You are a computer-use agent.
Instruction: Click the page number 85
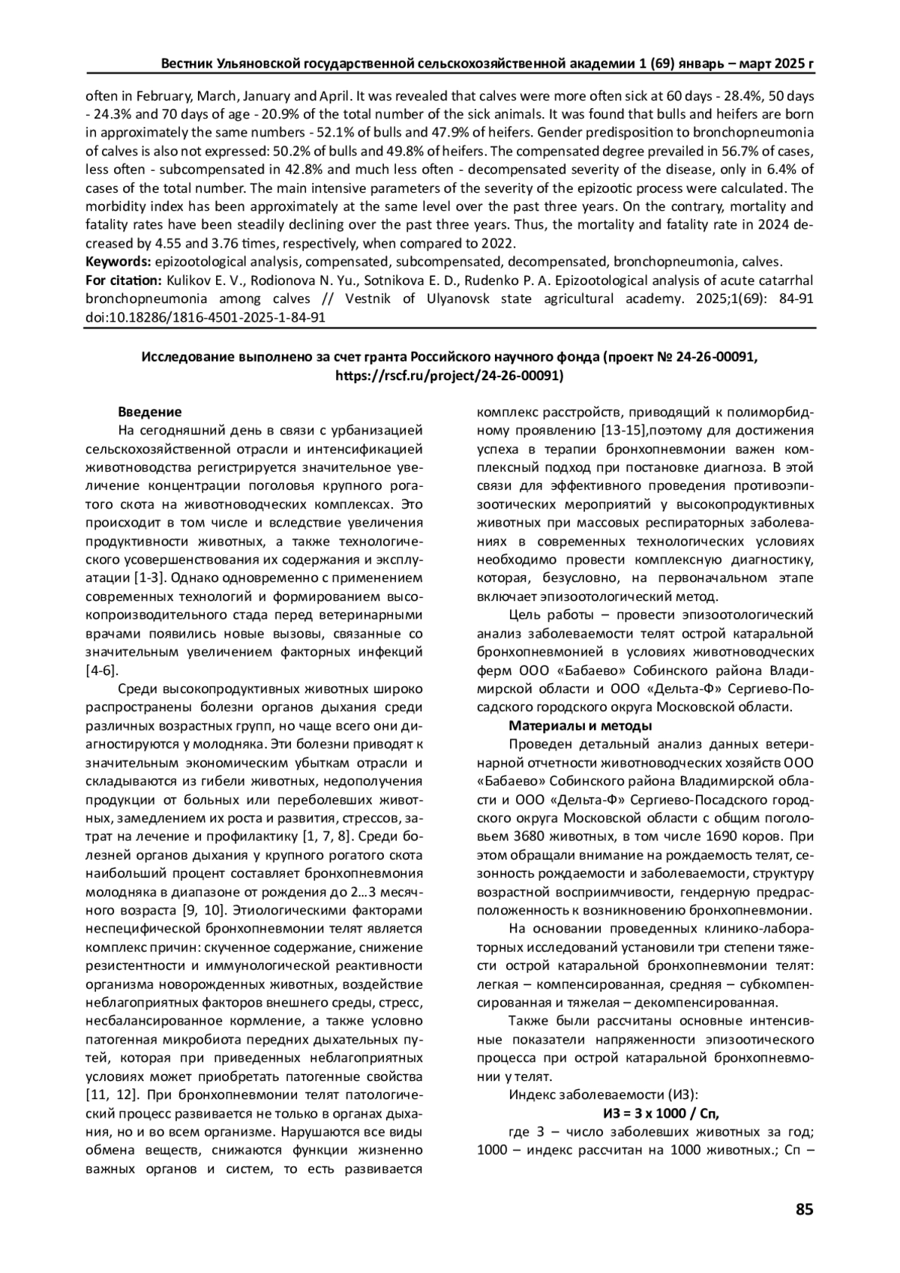point(804,1209)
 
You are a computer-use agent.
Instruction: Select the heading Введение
point(150,412)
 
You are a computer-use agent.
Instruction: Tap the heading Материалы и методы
point(580,725)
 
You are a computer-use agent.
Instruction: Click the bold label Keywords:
point(118,262)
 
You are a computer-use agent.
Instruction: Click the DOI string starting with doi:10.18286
point(205,317)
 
